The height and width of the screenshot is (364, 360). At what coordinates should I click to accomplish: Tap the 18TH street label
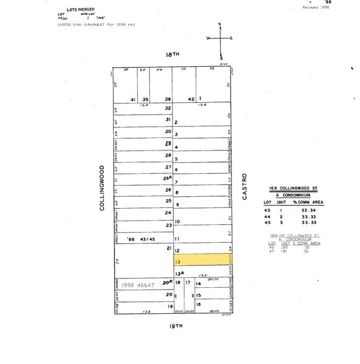coord(172,55)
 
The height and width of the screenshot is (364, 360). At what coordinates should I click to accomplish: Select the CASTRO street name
coord(244,186)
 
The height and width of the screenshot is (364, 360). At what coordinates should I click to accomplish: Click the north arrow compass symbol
coord(220,38)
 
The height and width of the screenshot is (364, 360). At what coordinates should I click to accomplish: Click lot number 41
coord(132,99)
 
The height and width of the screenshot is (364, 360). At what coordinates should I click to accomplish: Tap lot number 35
coord(145,99)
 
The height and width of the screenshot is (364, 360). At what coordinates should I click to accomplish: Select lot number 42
coord(191,99)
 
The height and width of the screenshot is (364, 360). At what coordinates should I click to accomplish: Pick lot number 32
coord(167,108)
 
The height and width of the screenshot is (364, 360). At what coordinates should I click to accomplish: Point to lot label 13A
coord(179,273)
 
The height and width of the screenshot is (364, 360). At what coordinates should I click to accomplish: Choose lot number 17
coord(188,283)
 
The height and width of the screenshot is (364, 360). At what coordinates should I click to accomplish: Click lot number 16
coord(199,305)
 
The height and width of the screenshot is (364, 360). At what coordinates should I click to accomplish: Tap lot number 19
coord(168,306)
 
